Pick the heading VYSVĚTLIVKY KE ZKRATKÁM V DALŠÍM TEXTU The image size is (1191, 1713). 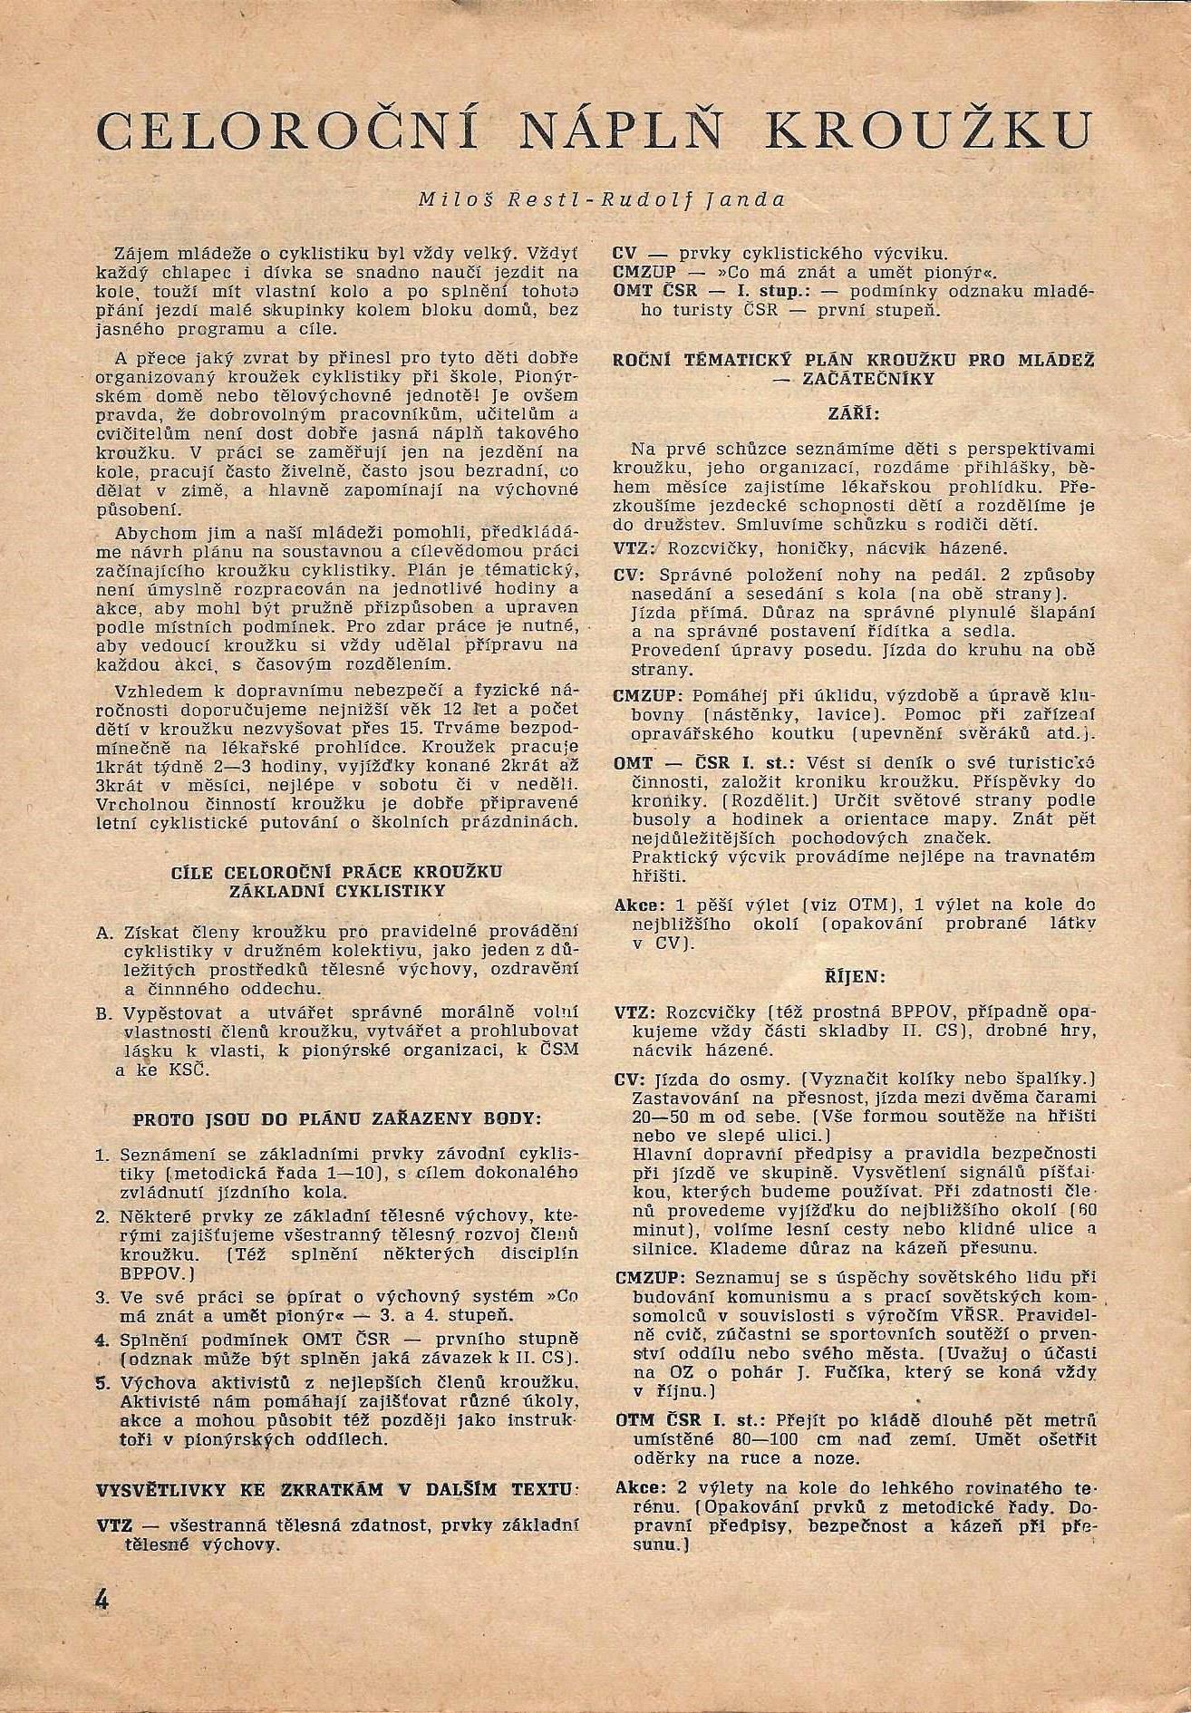pyautogui.click(x=336, y=1489)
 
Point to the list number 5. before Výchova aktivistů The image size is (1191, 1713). pyautogui.click(x=102, y=1382)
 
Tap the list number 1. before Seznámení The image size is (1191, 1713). pyautogui.click(x=102, y=1156)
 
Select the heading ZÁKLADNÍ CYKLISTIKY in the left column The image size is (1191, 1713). pyautogui.click(x=336, y=889)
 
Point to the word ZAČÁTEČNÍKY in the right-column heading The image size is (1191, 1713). pyautogui.click(x=855, y=379)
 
